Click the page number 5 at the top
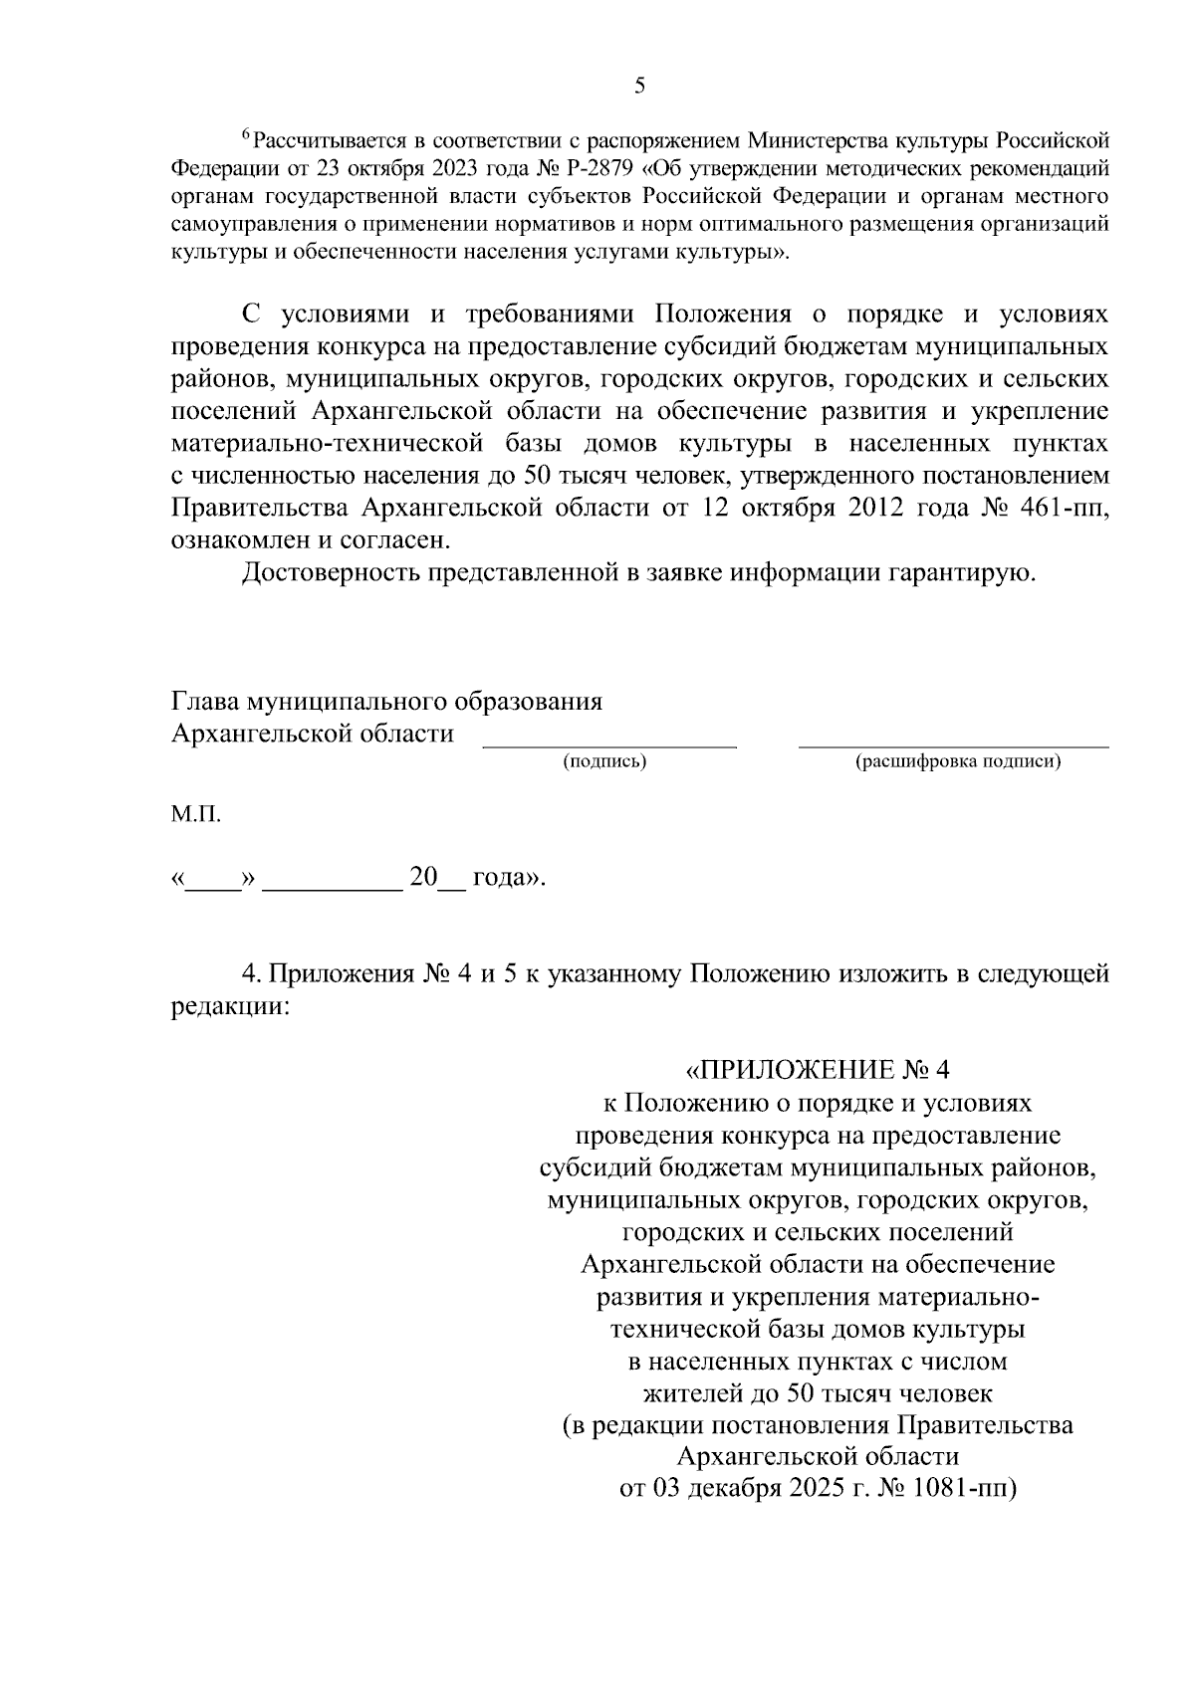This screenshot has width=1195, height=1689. click(639, 86)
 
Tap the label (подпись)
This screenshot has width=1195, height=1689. click(604, 762)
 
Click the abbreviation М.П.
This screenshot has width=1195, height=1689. click(195, 815)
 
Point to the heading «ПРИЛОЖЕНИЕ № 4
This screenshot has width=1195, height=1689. click(819, 1070)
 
